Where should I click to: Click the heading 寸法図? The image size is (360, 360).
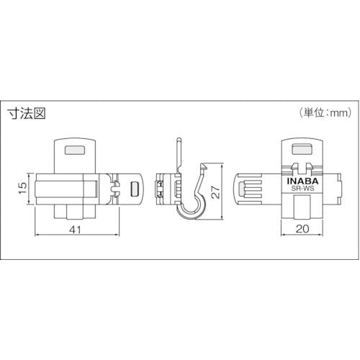click(x=27, y=113)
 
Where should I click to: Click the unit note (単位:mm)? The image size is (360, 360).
click(x=325, y=112)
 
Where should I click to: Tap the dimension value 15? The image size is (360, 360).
click(x=23, y=189)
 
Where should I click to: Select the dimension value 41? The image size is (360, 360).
click(x=76, y=230)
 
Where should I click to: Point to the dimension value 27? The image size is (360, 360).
click(x=217, y=192)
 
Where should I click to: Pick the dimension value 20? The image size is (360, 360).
click(x=302, y=229)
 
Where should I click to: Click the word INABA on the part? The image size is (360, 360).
click(x=302, y=181)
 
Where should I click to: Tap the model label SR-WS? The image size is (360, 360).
click(x=302, y=189)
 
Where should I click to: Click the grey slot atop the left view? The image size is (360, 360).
click(x=75, y=150)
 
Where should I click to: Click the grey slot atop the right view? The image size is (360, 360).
click(x=302, y=149)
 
